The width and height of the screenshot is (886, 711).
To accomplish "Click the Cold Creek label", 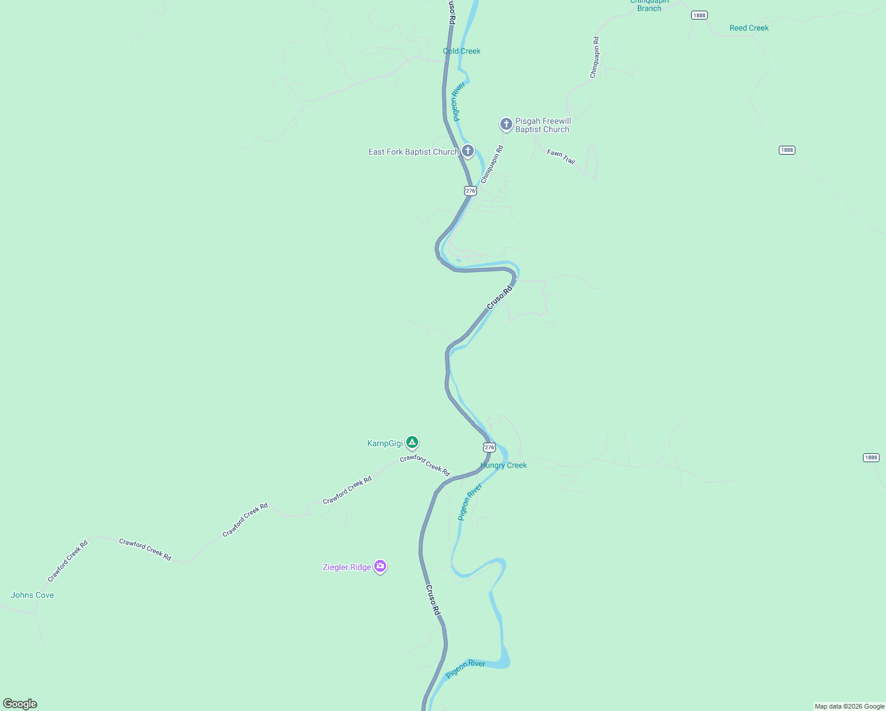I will (461, 51).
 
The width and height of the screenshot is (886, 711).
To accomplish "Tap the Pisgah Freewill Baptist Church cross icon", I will (506, 124).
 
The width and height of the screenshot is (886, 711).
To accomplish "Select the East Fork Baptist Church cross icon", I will (468, 151).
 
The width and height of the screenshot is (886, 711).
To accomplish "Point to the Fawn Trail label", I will (561, 156).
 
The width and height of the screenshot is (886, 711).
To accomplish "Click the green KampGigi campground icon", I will (412, 443).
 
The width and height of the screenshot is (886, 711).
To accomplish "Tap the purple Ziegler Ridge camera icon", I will (380, 566).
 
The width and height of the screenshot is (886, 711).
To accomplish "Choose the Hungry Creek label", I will (503, 465).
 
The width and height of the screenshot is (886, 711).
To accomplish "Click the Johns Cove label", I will (32, 595).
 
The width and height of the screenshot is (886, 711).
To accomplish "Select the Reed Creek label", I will (749, 28).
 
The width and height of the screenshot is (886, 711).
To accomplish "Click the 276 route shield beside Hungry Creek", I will (489, 447).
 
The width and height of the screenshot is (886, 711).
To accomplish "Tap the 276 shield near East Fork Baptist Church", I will (470, 191).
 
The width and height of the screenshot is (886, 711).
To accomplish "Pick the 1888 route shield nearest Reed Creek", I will (699, 15).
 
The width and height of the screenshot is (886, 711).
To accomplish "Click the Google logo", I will (20, 704).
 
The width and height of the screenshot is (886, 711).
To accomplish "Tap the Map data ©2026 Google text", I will (849, 706).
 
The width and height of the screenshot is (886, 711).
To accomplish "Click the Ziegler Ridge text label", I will (346, 567).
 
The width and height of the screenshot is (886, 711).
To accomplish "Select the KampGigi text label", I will (384, 443).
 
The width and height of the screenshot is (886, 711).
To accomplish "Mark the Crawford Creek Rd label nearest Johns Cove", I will (68, 561).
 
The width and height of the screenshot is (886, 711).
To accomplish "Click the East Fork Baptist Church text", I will (413, 152).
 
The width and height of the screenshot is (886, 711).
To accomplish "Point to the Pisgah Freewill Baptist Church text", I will (542, 125).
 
